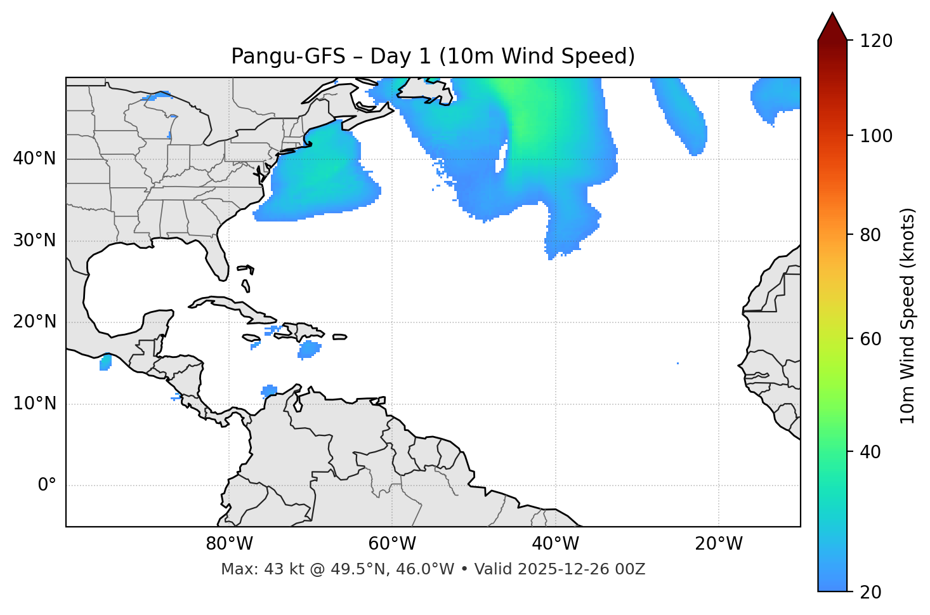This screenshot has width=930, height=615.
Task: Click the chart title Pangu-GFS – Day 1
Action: pos(433,56)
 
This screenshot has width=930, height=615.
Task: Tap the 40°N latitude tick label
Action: pos(34,159)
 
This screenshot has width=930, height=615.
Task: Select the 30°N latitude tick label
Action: pos(34,241)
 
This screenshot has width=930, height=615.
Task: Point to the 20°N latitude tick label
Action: pos(34,322)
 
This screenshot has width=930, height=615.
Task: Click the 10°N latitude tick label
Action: pos(34,404)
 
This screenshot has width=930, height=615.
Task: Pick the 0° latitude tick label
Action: pos(47,486)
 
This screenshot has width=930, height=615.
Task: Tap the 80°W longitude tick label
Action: pos(229,544)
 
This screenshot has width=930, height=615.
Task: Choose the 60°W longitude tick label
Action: pos(392,544)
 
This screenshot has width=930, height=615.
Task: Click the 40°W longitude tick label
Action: pos(555,544)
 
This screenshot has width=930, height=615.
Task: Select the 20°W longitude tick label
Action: pos(718,544)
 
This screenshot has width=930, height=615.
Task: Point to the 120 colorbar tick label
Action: pos(876,41)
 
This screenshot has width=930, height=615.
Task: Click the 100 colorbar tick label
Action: pos(876,136)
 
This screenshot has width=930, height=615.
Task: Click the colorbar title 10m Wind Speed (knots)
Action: pos(908,316)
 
